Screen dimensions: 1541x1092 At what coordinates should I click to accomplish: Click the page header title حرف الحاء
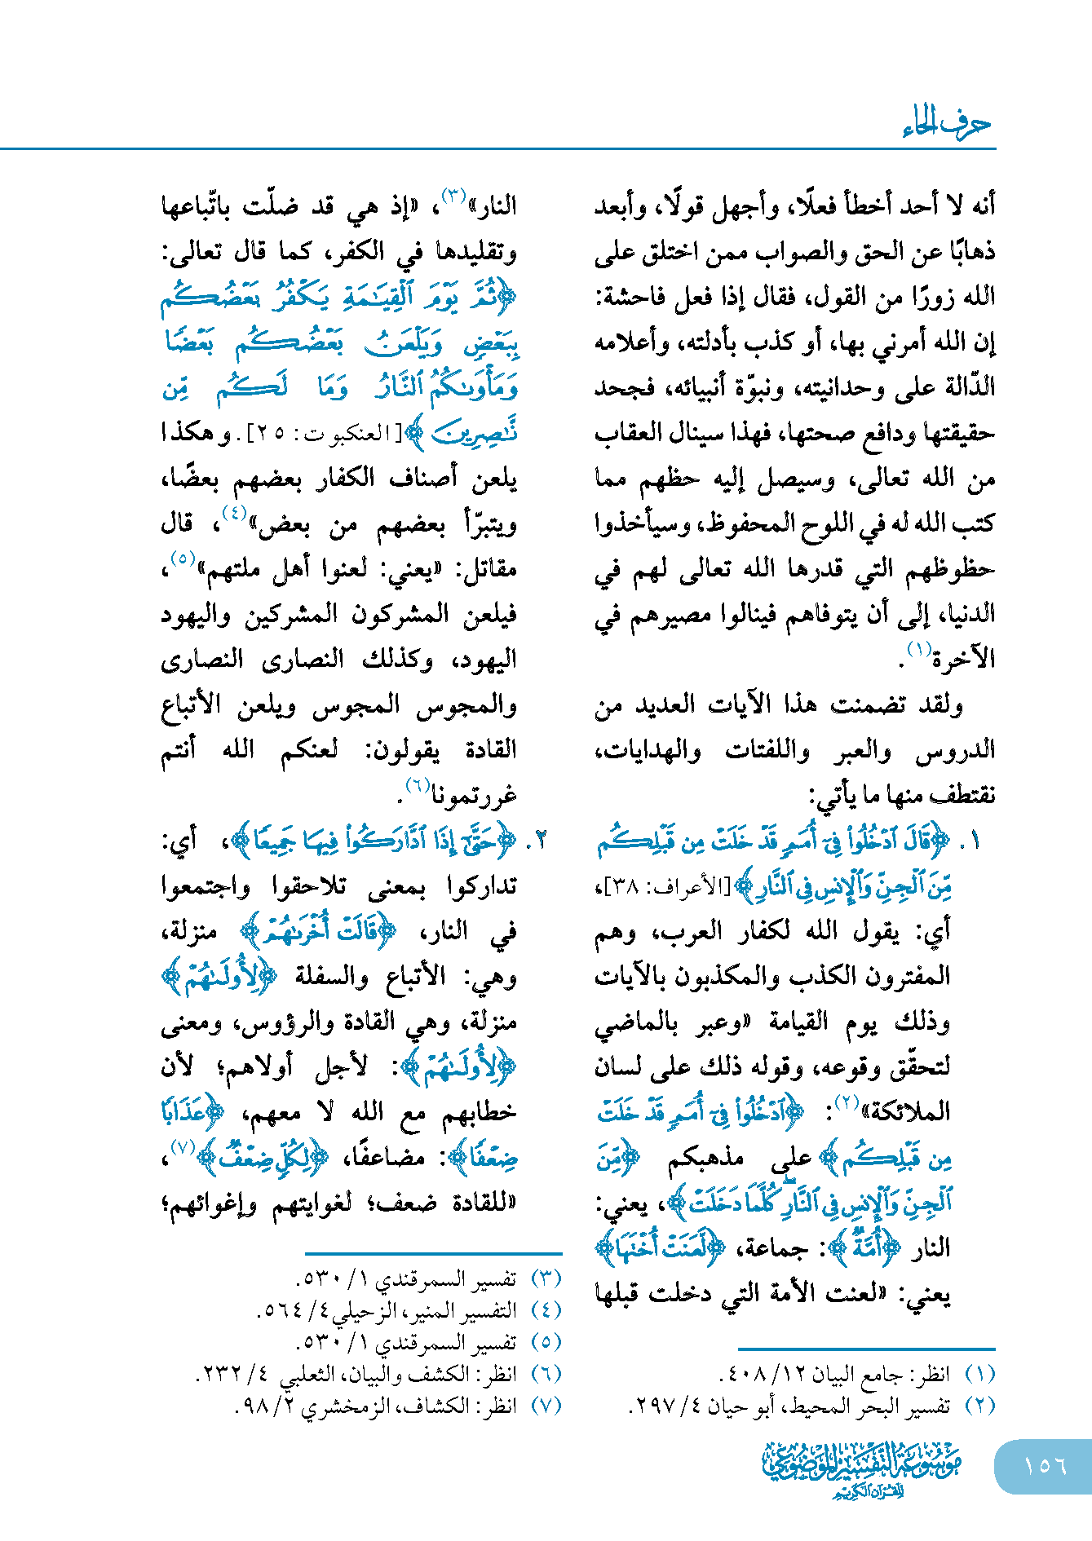pos(946,123)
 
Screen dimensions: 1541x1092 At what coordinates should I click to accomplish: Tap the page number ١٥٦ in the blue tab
pos(1045,1465)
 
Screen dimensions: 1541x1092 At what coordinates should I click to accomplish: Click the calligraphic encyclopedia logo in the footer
pos(862,1468)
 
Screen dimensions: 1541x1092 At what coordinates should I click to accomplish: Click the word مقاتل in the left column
pos(490,568)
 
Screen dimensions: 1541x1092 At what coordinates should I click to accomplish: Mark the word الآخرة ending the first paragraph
pos(964,659)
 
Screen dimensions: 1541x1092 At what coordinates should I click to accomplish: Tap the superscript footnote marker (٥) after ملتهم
pos(180,559)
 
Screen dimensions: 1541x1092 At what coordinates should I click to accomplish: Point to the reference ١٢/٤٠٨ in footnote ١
pos(763,1375)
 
